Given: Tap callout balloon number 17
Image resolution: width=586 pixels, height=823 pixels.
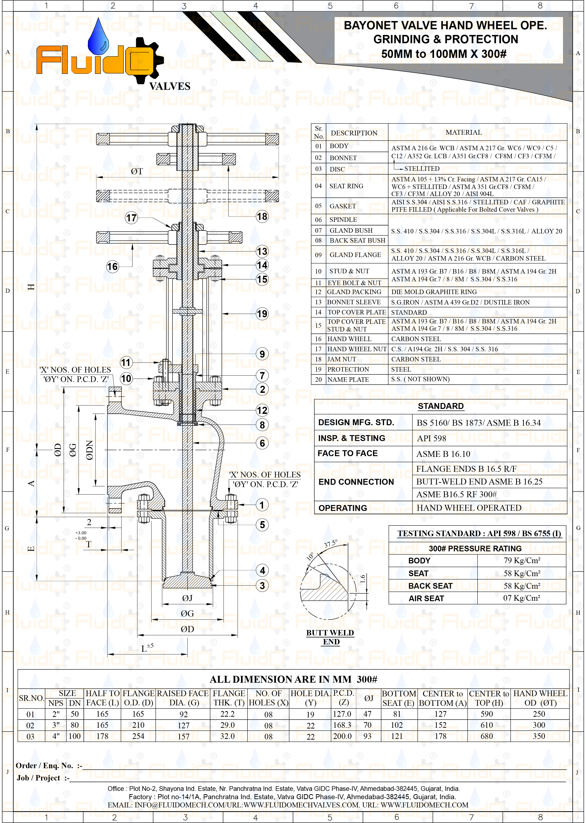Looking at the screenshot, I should click(x=131, y=218).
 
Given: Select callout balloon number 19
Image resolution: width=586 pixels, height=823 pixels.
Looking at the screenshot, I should click(x=262, y=313).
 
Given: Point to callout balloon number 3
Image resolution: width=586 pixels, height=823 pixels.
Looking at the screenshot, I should click(x=262, y=585).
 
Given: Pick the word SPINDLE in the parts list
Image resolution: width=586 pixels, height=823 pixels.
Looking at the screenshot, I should click(x=343, y=220).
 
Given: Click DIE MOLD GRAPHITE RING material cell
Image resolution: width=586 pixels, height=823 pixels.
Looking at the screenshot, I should click(x=434, y=292).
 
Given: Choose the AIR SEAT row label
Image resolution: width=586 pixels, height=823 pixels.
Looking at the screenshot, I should click(x=426, y=598).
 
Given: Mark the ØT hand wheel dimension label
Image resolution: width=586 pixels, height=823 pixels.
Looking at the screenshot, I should click(x=137, y=171).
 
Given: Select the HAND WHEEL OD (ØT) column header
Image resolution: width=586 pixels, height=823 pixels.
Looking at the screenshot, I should click(x=540, y=698).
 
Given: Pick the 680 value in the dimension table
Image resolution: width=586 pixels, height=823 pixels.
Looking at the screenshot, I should click(x=487, y=736).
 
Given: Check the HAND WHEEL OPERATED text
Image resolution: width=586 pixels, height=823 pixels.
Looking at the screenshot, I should click(x=469, y=508).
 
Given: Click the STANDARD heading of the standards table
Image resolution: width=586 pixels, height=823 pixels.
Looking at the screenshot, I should click(x=441, y=406).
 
